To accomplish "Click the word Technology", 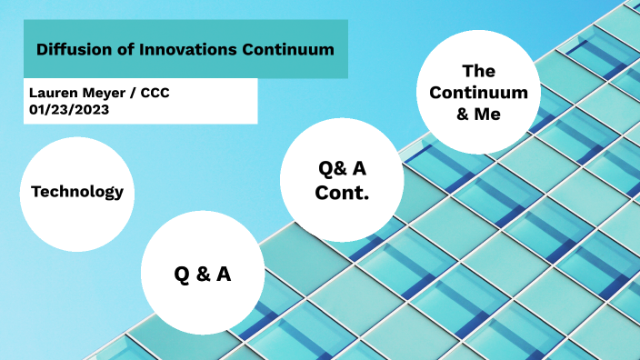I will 76,192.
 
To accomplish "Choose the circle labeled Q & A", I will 202,273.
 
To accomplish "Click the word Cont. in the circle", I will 342,193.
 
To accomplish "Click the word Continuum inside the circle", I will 478,93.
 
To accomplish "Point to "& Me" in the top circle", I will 478,115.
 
